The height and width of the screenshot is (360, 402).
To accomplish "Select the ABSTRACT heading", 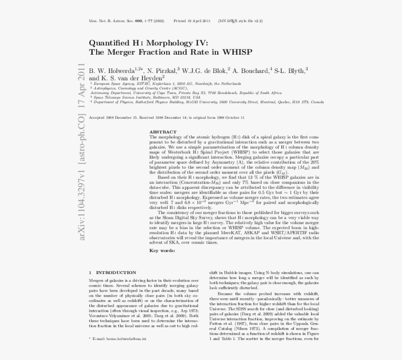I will [x=163, y=132].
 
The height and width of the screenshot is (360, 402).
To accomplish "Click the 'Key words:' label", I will [x=162, y=251].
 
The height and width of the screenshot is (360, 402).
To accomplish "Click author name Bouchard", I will [x=253, y=71].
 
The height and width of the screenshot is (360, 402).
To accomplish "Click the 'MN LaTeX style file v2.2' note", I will [x=242, y=21].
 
